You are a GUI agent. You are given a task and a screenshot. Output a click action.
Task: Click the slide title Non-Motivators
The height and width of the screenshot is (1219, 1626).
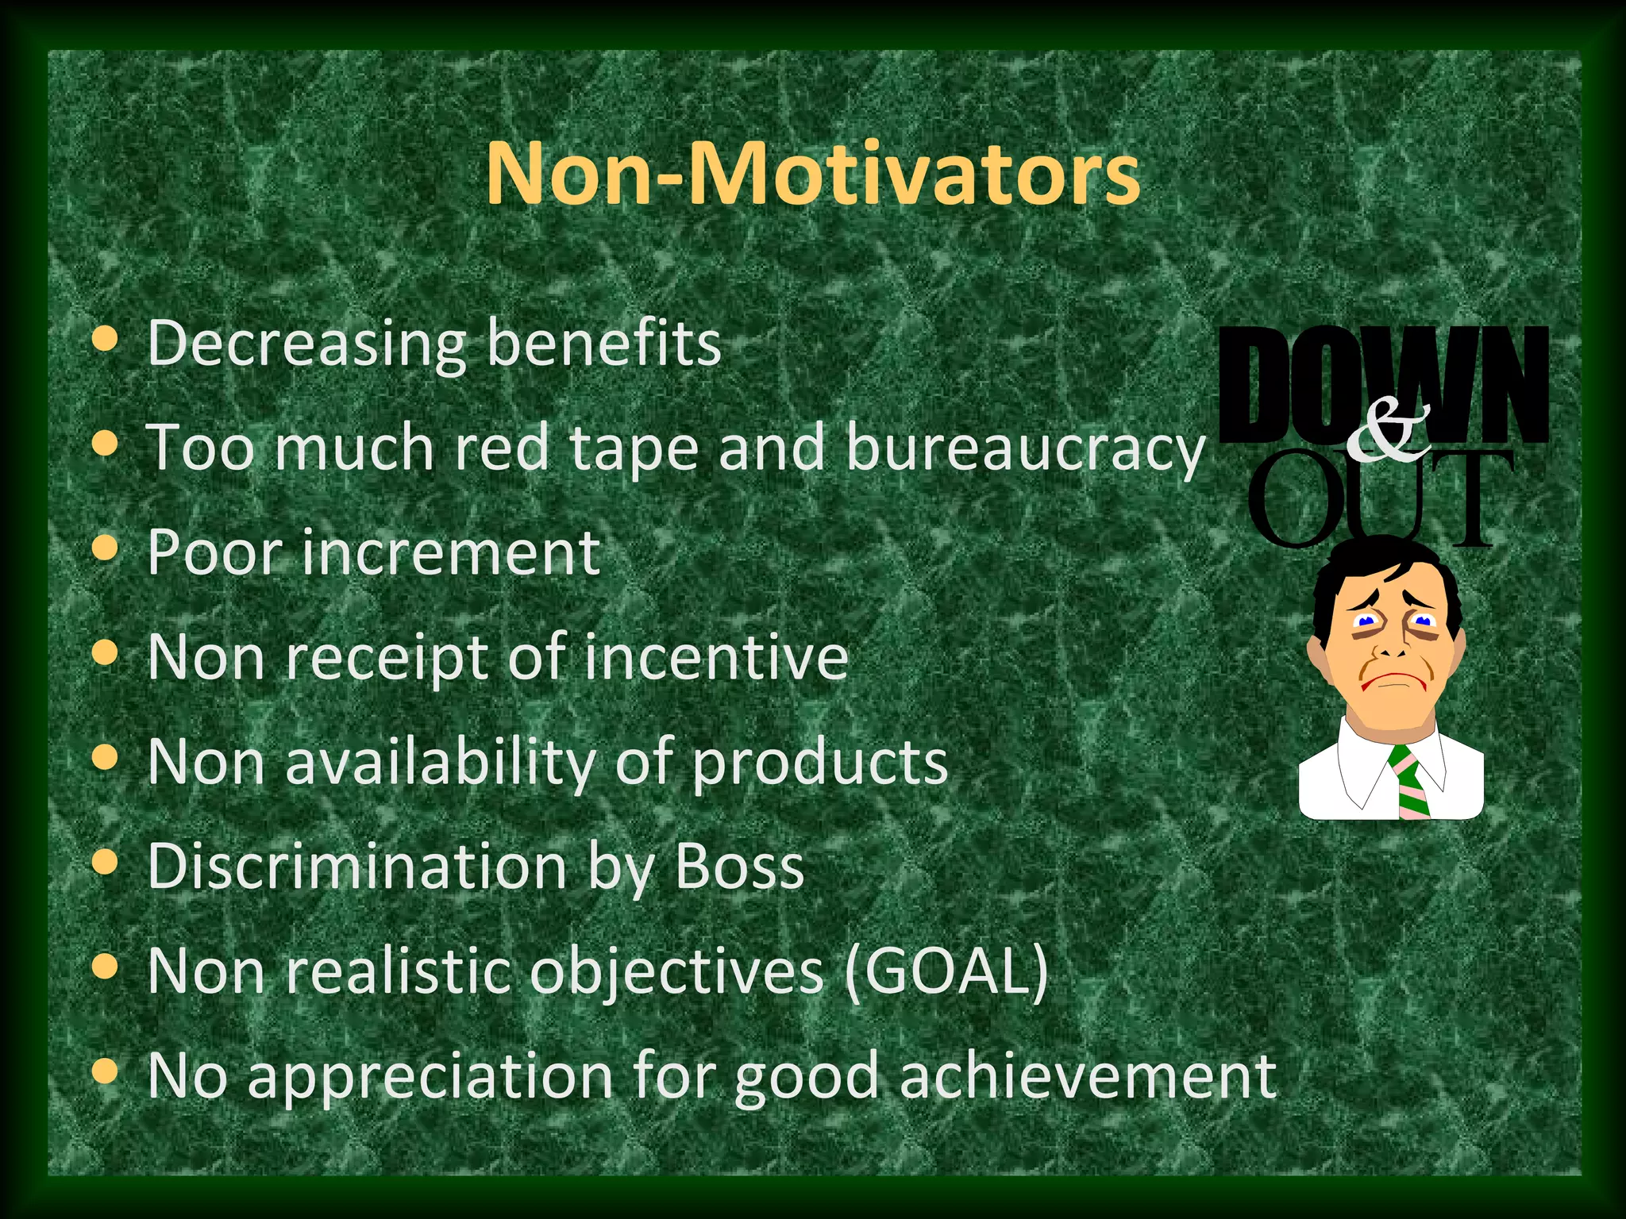812,173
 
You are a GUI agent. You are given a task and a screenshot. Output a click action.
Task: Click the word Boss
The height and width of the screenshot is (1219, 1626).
738,866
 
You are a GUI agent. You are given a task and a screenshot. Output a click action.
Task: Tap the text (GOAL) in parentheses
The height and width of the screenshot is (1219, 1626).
946,971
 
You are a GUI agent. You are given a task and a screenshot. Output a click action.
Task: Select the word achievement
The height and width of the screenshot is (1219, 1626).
1088,1076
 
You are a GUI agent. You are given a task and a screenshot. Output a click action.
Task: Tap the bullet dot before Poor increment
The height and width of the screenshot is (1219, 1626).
105,548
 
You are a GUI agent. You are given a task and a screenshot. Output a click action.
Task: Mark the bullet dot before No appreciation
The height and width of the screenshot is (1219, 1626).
105,1073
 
